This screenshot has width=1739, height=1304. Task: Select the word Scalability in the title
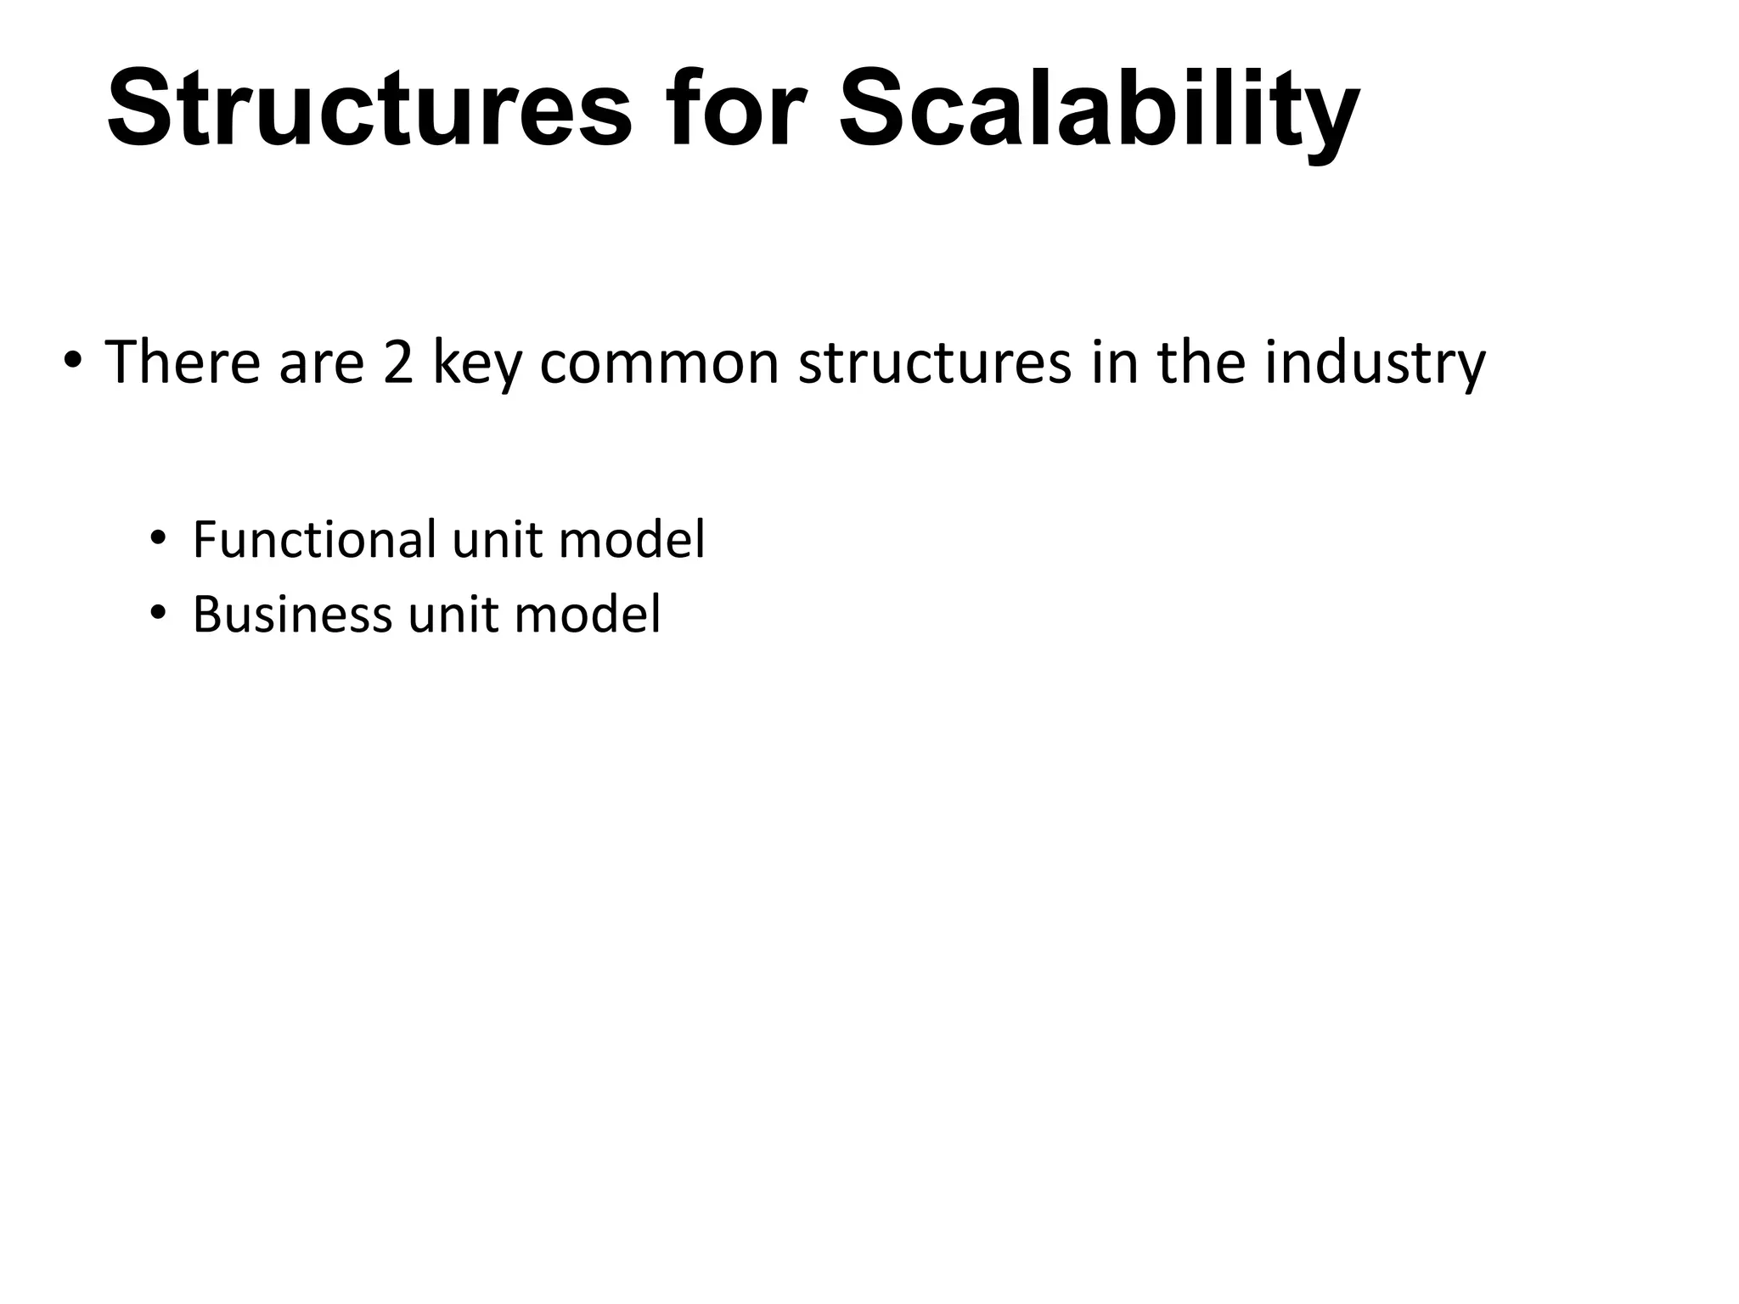[1100, 115]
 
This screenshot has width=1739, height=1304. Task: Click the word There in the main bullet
[183, 362]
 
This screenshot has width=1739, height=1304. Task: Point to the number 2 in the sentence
[398, 363]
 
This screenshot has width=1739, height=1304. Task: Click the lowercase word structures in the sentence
[935, 363]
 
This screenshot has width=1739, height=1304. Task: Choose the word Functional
[315, 539]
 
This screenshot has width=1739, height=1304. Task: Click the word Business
[292, 614]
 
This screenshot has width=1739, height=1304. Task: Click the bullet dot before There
[73, 360]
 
